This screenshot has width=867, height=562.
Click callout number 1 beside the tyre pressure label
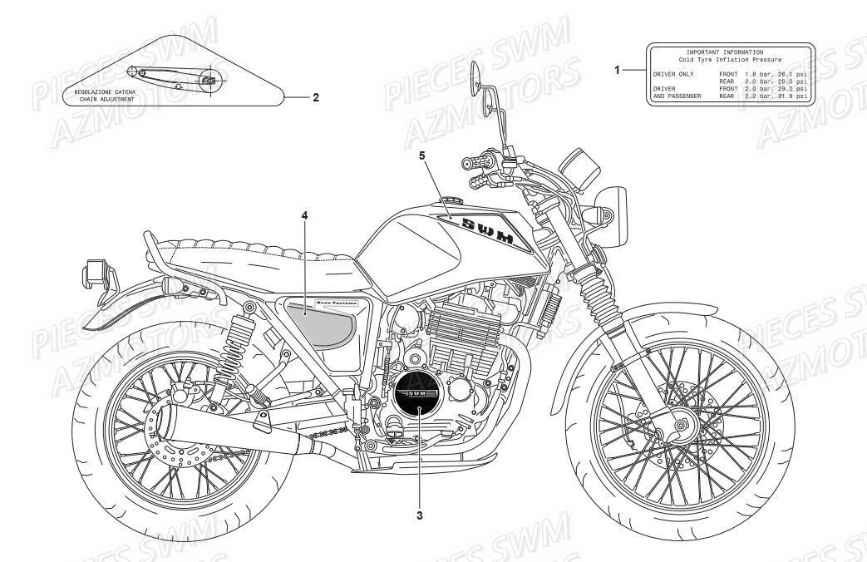(x=617, y=71)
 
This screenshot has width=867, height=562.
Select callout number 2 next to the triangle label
(x=316, y=97)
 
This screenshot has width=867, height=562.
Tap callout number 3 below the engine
(x=420, y=515)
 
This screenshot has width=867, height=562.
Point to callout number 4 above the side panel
(x=304, y=215)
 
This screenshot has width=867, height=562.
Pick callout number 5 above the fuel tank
(x=421, y=155)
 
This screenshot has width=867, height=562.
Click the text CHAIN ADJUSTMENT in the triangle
(x=107, y=99)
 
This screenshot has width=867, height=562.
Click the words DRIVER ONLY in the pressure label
(x=674, y=75)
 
